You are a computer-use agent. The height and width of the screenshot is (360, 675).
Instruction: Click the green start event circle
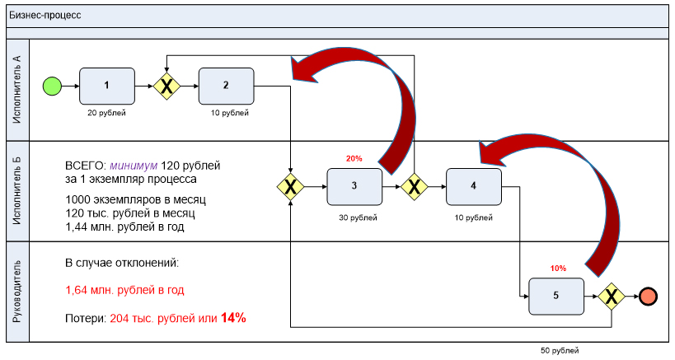click(x=52, y=85)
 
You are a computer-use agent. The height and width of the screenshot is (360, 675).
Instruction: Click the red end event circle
click(x=649, y=296)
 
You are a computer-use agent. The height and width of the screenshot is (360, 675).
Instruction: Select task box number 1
click(x=107, y=85)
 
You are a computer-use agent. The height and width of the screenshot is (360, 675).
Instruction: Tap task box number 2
click(x=226, y=85)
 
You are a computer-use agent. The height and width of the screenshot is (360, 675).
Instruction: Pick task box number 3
click(x=354, y=185)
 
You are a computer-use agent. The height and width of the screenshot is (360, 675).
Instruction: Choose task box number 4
click(x=473, y=185)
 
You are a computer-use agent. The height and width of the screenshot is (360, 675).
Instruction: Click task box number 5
click(x=555, y=296)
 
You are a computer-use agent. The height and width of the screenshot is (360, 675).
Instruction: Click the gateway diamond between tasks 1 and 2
click(x=167, y=85)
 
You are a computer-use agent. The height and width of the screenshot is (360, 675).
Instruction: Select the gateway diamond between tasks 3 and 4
click(x=414, y=186)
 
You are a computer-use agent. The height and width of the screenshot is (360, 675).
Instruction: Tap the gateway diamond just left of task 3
click(x=291, y=186)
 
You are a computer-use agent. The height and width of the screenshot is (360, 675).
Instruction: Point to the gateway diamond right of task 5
click(x=612, y=296)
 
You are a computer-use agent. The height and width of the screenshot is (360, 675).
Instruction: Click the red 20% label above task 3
click(x=354, y=158)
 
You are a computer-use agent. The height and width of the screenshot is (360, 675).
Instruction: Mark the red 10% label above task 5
click(x=558, y=269)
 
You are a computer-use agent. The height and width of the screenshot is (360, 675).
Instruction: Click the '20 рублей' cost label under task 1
click(x=107, y=113)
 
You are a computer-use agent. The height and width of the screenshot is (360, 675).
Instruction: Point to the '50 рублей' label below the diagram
click(x=560, y=350)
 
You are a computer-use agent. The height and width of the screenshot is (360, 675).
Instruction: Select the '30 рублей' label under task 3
click(x=358, y=217)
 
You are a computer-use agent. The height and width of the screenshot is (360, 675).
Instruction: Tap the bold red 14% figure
click(x=233, y=317)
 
